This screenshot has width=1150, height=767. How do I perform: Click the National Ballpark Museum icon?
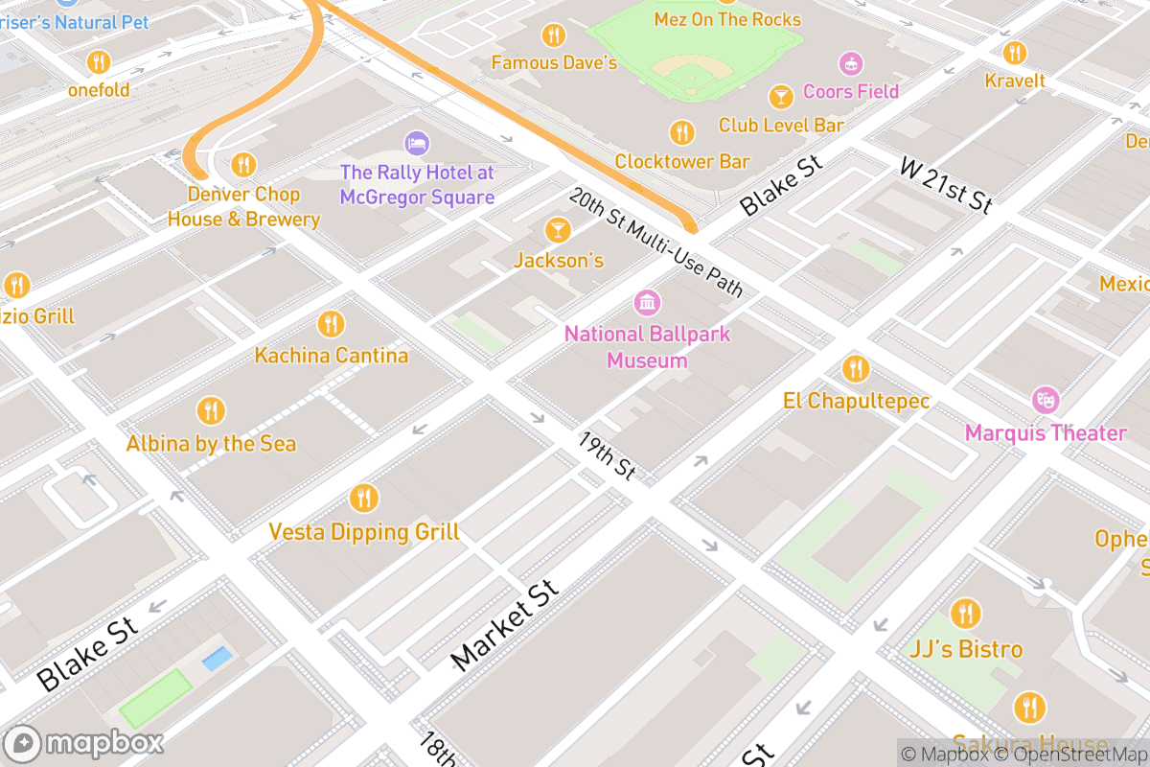pos(648,303)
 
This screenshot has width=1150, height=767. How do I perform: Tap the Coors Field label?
pos(851,91)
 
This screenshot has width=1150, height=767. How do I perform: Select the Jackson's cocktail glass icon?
pos(557,230)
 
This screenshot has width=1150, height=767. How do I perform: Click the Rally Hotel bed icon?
pos(416,144)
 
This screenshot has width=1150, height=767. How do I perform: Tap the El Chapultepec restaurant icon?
pos(856,368)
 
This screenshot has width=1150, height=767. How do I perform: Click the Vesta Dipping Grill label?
pos(363,531)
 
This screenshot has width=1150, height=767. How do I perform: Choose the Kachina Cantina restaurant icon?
pos(331,323)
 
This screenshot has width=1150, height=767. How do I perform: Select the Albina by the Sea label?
pos(211,444)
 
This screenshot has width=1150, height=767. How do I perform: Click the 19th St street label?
pos(608,455)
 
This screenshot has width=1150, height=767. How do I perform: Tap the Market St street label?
pos(504,625)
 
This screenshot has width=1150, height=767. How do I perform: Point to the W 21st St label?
pos(946,184)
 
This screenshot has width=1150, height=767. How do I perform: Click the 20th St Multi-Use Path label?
pos(655,243)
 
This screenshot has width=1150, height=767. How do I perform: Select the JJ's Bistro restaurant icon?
pos(965,614)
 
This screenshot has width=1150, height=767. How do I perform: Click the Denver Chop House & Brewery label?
pos(243,206)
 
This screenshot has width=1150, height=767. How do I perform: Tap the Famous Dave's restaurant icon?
pos(553,35)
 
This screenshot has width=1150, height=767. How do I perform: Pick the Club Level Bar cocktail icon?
pos(781,96)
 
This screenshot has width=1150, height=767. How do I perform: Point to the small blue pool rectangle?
pos(217,659)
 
